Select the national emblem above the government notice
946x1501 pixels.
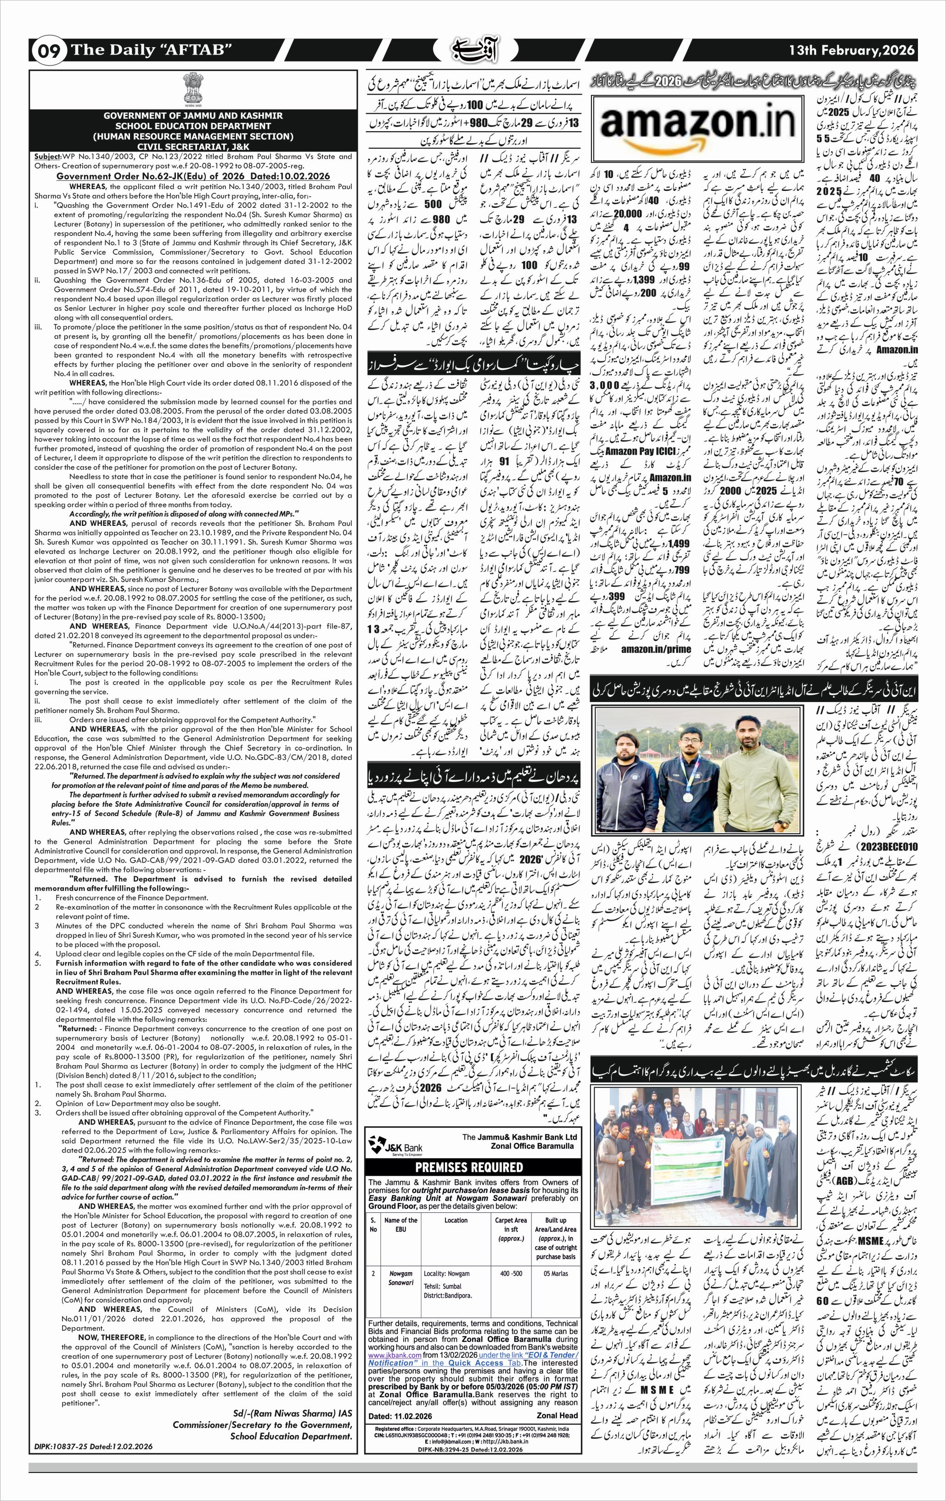click(x=191, y=89)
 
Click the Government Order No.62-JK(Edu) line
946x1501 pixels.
click(x=191, y=176)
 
